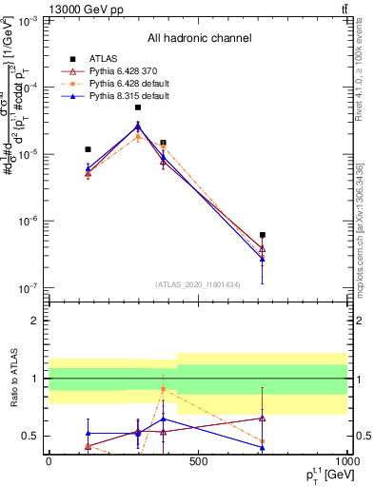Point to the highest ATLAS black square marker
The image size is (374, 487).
pos(138,107)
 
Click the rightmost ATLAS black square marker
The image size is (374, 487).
pos(262,235)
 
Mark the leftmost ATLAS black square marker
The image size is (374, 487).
pos(88,149)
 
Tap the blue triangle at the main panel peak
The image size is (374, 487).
pos(138,126)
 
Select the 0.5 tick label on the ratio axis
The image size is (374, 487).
pos(30,436)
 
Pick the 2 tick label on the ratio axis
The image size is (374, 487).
pos(35,321)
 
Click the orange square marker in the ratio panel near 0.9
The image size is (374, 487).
pos(163,390)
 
